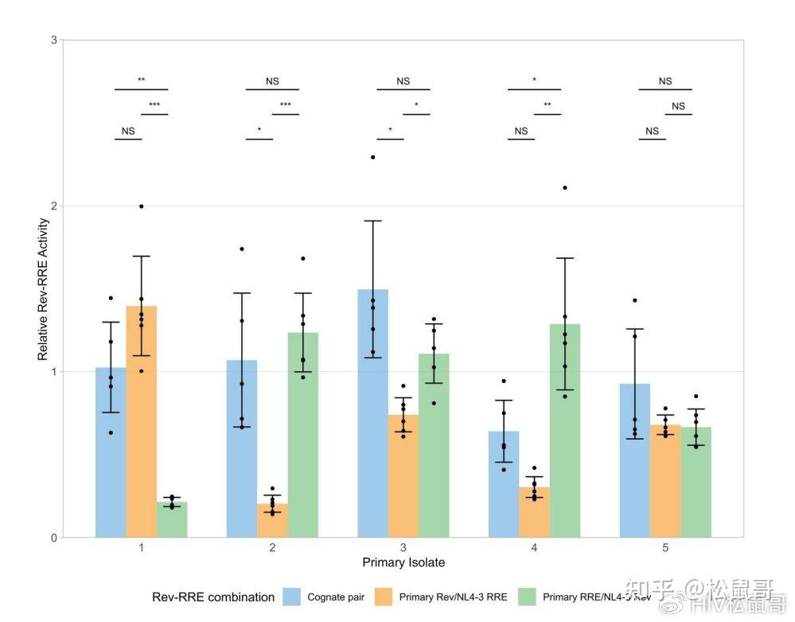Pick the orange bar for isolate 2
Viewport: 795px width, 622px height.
[272, 521]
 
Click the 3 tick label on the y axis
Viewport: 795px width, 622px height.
[53, 40]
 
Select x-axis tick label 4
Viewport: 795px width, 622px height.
[534, 548]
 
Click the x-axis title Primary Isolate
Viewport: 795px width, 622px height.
[403, 563]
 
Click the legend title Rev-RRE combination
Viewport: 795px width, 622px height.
[213, 597]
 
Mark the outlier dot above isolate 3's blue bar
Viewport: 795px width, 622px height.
[372, 157]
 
